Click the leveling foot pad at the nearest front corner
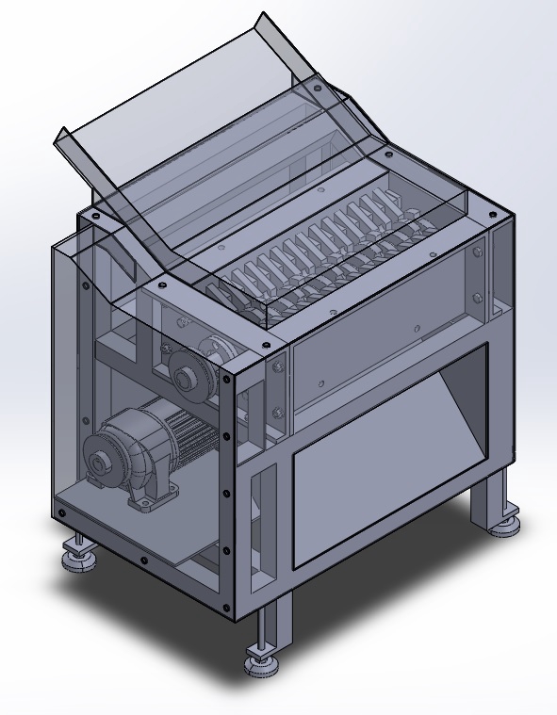tap(263, 665)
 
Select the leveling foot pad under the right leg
tap(505, 524)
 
